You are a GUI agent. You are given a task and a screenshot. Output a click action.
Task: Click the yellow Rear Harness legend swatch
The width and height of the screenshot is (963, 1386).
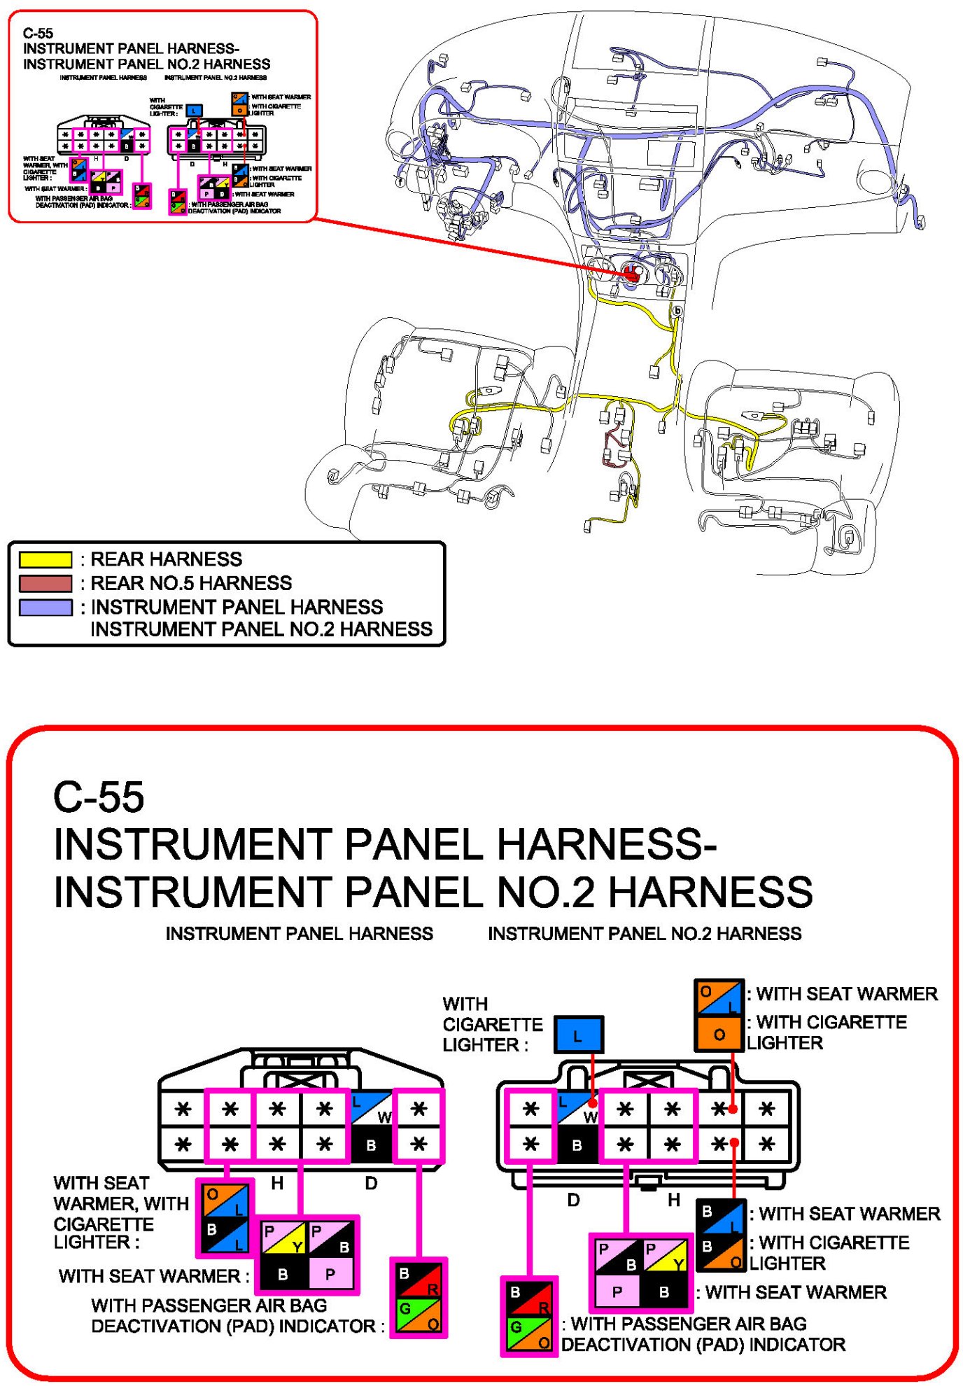45,559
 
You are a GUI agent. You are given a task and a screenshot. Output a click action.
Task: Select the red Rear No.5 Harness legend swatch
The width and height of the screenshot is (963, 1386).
45,583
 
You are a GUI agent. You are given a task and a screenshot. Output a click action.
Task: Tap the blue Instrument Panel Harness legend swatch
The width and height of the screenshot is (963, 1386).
45,607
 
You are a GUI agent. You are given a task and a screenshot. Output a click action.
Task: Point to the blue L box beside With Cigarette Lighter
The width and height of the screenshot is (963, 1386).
578,1035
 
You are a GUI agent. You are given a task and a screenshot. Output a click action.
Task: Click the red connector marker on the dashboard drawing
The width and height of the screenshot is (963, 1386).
631,274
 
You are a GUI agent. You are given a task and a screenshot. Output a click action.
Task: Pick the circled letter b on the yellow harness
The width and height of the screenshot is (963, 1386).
677,310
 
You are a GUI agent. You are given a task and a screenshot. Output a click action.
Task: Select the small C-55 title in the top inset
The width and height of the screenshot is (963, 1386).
38,33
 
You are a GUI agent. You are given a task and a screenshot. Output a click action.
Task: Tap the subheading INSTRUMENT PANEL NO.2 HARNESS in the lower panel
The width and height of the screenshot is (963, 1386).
645,933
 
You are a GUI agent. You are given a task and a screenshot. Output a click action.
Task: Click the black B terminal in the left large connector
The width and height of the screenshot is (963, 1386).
371,1145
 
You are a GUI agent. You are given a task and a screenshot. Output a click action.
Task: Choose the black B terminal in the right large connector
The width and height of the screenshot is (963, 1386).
577,1145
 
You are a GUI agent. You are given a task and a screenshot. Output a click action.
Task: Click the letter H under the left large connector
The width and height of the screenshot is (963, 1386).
277,1183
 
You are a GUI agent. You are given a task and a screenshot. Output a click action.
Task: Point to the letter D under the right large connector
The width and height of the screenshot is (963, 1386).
573,1200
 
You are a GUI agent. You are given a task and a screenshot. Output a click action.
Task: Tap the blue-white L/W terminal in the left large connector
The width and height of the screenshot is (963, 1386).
371,1109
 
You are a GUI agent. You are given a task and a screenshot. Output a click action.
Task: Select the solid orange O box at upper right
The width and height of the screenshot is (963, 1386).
719,1035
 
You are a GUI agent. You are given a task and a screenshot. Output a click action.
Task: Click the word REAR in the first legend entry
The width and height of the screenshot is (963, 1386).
117,559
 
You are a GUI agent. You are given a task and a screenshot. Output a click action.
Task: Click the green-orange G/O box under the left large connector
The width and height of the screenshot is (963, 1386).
419,1315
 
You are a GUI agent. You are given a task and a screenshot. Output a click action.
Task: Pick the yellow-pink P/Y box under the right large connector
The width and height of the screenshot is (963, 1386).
664,1256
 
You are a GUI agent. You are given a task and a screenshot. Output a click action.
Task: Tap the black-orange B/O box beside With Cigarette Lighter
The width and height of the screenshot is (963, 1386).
720,1256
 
